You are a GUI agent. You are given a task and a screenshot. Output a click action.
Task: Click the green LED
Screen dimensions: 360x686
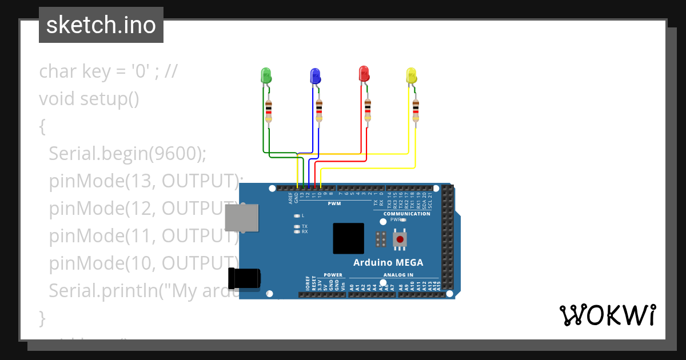pos(266,75)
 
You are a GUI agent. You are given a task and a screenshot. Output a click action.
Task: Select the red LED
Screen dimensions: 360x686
pos(364,74)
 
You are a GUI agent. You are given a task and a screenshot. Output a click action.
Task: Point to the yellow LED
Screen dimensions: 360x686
pos(411,75)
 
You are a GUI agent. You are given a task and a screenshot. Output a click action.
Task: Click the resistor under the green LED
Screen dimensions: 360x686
pos(269,111)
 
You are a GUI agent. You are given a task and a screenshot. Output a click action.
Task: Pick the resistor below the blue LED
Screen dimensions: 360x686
pos(319,111)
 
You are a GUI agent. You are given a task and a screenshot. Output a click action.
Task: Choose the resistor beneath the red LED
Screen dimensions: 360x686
pos(368,110)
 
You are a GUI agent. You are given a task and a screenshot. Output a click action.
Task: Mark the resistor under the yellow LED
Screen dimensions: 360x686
pos(416,110)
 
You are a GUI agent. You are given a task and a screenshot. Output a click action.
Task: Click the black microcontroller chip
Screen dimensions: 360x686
pos(349,238)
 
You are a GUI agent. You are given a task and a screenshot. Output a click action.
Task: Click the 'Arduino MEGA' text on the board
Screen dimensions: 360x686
pos(388,263)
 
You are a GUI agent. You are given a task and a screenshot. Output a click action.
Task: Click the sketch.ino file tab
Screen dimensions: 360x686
pos(101,25)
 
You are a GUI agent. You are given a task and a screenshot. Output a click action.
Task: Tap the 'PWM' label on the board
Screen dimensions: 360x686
pos(334,203)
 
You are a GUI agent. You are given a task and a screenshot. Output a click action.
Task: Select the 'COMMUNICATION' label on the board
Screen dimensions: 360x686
pos(406,214)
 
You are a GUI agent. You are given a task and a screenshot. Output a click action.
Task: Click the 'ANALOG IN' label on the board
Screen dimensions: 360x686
pos(398,275)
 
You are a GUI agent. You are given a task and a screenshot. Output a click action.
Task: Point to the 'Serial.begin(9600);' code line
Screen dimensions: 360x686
pos(127,153)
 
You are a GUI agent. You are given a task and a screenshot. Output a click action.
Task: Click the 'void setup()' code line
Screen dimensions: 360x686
pos(89,99)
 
